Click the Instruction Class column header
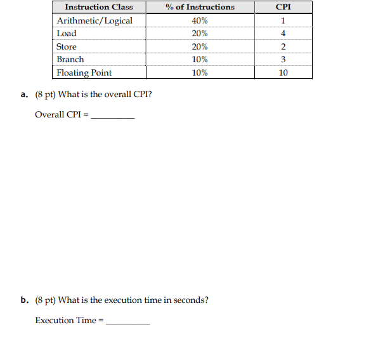pyautogui.click(x=99, y=7)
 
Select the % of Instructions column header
pyautogui.click(x=200, y=7)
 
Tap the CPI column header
pyautogui.click(x=283, y=7)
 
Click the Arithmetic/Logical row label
pyautogui.click(x=94, y=20)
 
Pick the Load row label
pyautogui.click(x=67, y=34)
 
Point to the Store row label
pyautogui.click(x=67, y=47)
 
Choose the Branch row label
pyautogui.click(x=70, y=60)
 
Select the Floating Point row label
pyautogui.click(x=84, y=73)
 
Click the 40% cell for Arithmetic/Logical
pyautogui.click(x=200, y=20)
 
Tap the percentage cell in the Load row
pyautogui.click(x=200, y=34)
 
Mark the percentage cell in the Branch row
pyautogui.click(x=200, y=60)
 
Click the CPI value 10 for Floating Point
pyautogui.click(x=283, y=73)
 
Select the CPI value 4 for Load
pyautogui.click(x=283, y=34)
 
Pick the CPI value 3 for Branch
pyautogui.click(x=283, y=60)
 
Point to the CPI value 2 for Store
pyautogui.click(x=283, y=47)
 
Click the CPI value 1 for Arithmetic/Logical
pyautogui.click(x=283, y=20)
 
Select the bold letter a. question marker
pyautogui.click(x=24, y=95)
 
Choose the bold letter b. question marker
pyautogui.click(x=24, y=300)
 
